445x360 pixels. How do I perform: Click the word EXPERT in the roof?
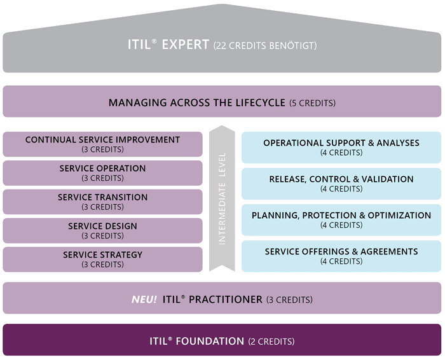[x=186, y=45]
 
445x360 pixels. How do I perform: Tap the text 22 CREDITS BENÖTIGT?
[x=265, y=46]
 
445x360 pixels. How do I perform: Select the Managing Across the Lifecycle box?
[x=222, y=101]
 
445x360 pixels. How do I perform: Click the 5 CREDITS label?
[x=313, y=103]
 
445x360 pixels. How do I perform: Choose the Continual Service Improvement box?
[x=102, y=144]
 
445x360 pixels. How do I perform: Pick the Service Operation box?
[x=102, y=173]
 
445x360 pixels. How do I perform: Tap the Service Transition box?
[x=102, y=202]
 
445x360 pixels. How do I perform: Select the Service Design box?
[x=102, y=230]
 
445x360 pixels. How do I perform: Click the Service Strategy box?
[x=102, y=260]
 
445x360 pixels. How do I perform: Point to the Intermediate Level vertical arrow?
[x=222, y=198]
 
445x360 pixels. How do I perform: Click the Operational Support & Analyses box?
[x=341, y=148]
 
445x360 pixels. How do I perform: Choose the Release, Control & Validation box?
[x=341, y=183]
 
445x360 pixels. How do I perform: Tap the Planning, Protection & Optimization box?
[x=341, y=219]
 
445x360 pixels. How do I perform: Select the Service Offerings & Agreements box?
[x=341, y=256]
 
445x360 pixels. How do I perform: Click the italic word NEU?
[x=144, y=300]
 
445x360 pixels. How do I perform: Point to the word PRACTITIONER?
[x=226, y=300]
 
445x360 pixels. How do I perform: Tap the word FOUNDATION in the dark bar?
[x=210, y=342]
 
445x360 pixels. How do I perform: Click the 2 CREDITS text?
[x=271, y=342]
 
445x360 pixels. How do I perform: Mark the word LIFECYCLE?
[x=260, y=103]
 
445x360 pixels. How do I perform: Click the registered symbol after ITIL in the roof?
[x=154, y=41]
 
